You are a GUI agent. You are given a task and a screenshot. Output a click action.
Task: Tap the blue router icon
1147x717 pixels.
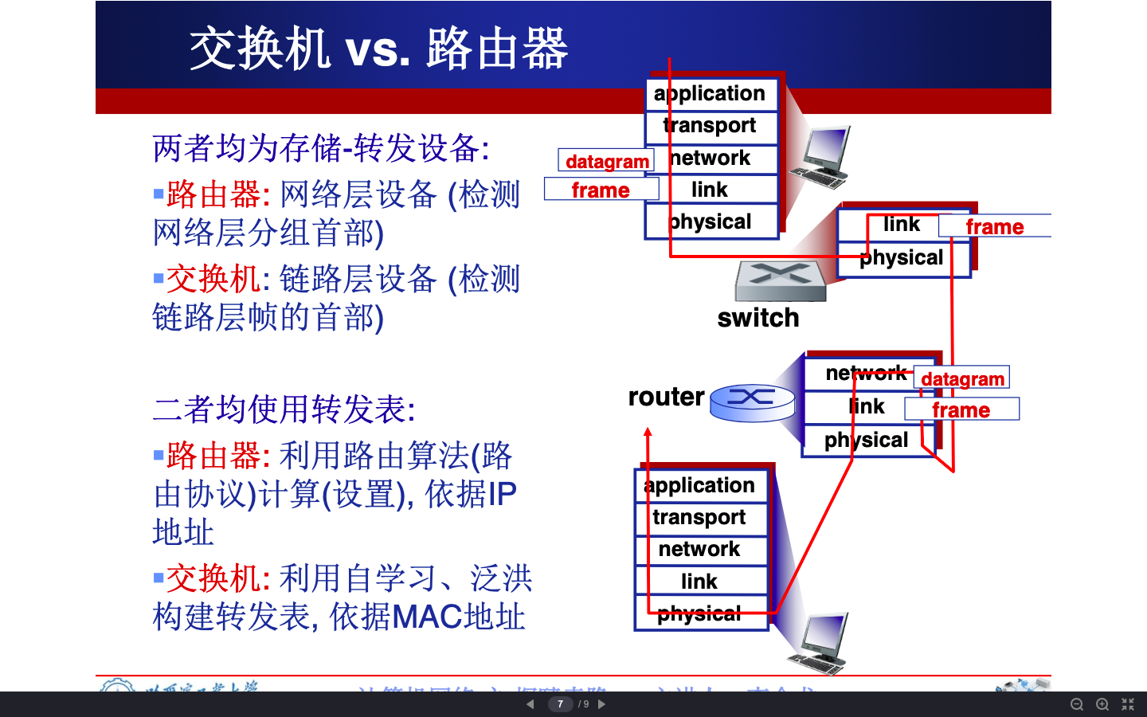coord(752,402)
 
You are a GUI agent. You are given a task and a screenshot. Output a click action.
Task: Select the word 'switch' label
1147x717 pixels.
coord(757,318)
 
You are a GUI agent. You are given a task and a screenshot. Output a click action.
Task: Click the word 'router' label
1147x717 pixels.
coord(666,397)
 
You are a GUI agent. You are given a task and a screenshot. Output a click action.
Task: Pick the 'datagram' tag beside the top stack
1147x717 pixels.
coord(606,161)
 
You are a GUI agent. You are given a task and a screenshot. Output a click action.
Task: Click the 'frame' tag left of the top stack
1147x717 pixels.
coord(601,190)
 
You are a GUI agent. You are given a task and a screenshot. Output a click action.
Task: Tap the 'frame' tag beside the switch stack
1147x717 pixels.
coord(994,226)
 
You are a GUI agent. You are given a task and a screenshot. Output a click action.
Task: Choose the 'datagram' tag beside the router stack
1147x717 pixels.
coord(962,378)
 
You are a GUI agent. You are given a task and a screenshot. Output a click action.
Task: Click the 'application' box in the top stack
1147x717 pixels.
coord(711,94)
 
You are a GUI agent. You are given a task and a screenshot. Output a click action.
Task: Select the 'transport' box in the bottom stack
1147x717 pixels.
coord(700,518)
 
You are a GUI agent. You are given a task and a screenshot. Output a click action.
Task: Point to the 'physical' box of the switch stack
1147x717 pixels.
coord(902,258)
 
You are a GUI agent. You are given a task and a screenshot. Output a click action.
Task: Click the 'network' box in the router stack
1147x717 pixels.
coord(867,373)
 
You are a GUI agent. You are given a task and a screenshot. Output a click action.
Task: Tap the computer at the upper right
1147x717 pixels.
coord(822,157)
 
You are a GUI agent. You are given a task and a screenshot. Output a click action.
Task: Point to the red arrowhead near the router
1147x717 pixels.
coord(648,433)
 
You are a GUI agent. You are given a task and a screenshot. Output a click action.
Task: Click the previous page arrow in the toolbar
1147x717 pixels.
coord(530,704)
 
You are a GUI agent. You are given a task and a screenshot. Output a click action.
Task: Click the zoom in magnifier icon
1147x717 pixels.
coord(1102,704)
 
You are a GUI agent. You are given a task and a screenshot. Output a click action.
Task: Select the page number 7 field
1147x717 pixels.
coord(560,704)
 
